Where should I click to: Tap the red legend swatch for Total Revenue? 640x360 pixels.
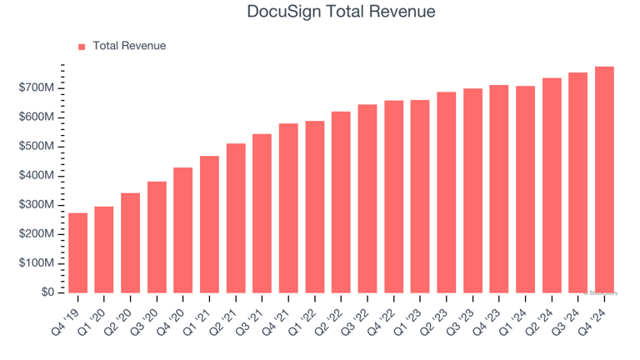[82, 47]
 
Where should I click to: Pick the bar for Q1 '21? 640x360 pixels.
[209, 224]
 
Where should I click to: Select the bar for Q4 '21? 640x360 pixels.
[288, 207]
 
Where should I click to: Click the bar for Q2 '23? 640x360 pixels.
[447, 192]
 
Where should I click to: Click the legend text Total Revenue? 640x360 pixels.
[129, 46]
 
